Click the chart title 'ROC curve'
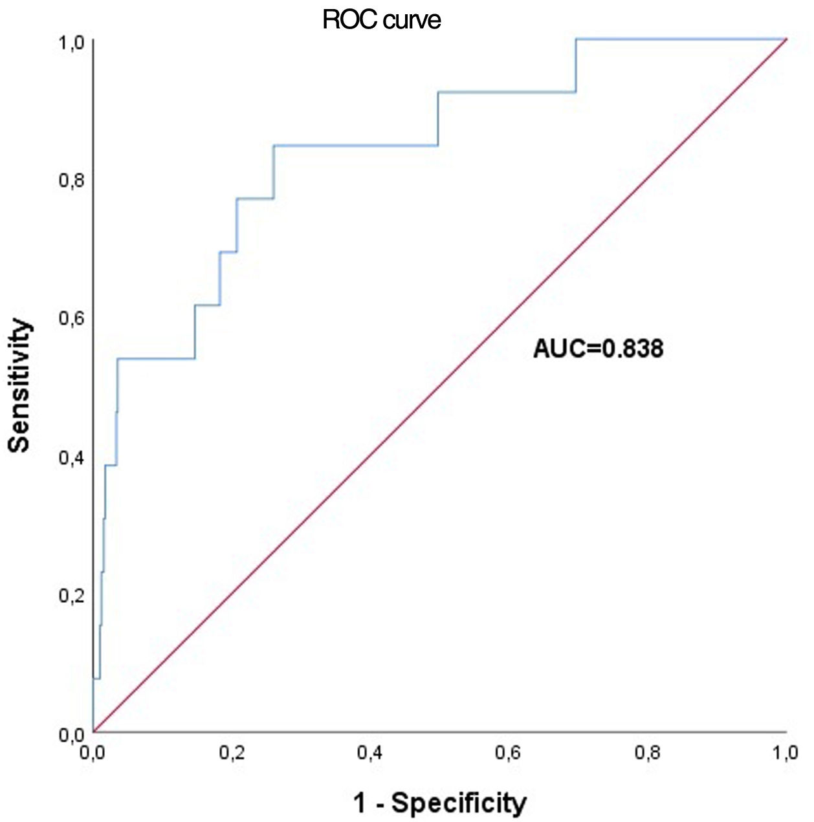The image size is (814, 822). pos(381,20)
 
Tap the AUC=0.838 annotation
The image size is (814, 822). pos(598,349)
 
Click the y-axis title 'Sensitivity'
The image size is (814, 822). pos(19,385)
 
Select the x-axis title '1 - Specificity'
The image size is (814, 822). pos(439,803)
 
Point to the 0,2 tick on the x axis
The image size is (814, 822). pos(232,753)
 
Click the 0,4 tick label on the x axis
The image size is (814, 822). pos(371,753)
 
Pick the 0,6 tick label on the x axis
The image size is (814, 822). pos(509,753)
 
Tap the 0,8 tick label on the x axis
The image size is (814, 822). pos(648,753)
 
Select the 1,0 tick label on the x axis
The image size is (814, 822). pos(786,753)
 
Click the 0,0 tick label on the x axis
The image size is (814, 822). pos(94,753)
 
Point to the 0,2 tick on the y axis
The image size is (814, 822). pos(71,596)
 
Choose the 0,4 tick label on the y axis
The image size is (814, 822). pos(71,457)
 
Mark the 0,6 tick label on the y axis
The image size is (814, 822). pos(71,319)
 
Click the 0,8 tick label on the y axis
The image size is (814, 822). pos(71,180)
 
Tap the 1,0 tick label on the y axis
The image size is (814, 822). pos(71,43)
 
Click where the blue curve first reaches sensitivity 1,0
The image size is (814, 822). pos(575,39)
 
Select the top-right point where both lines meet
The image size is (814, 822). pos(786,39)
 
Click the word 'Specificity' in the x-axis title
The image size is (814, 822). pos(459,803)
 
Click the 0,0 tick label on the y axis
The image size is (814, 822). pos(71,734)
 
